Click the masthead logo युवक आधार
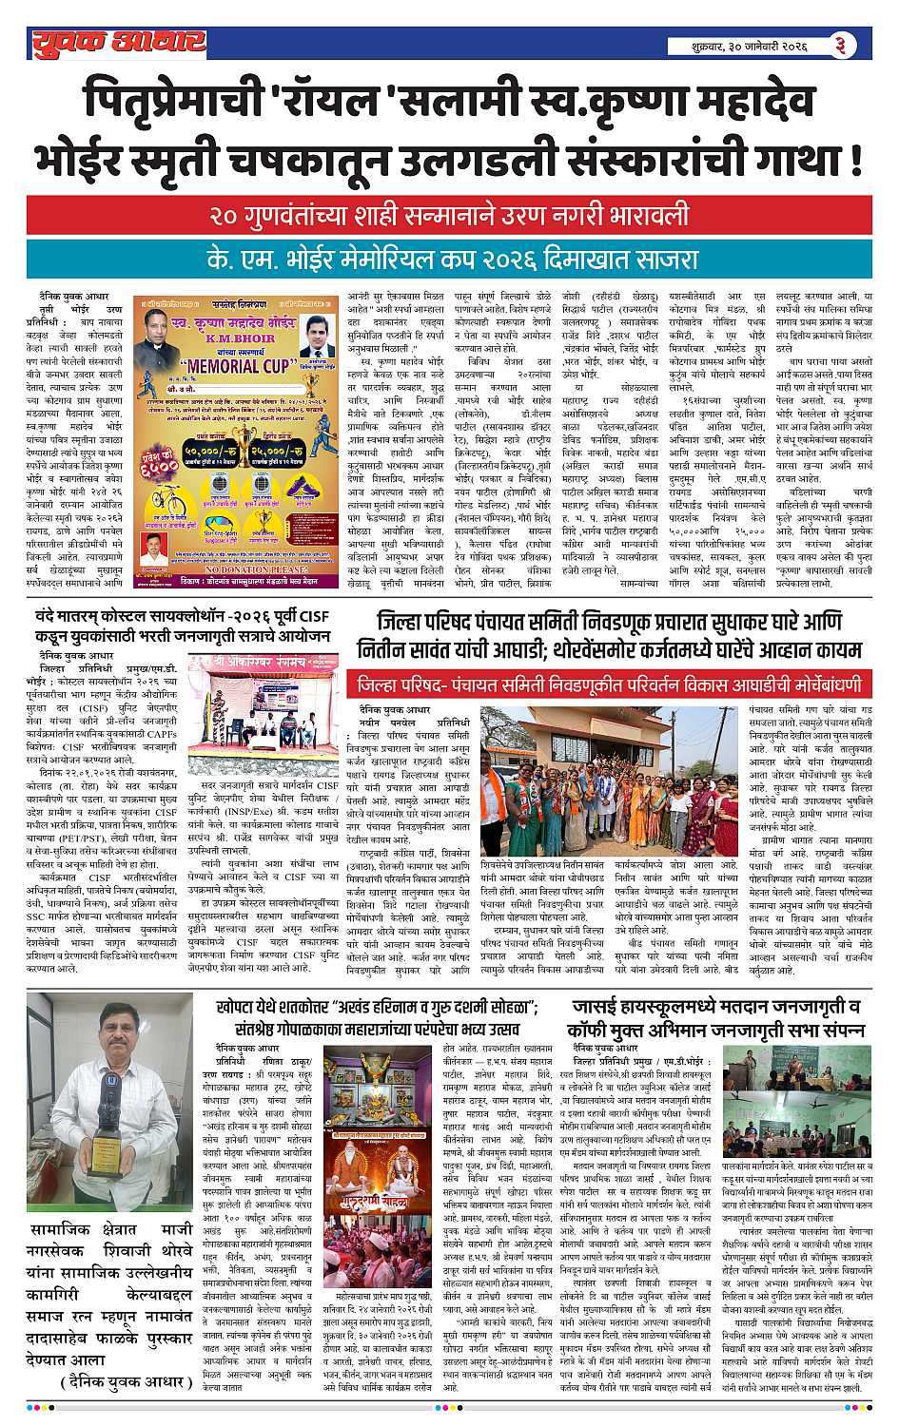point(117,42)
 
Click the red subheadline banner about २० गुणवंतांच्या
point(449,217)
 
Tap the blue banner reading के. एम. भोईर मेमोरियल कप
point(449,257)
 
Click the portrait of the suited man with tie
point(319,336)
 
